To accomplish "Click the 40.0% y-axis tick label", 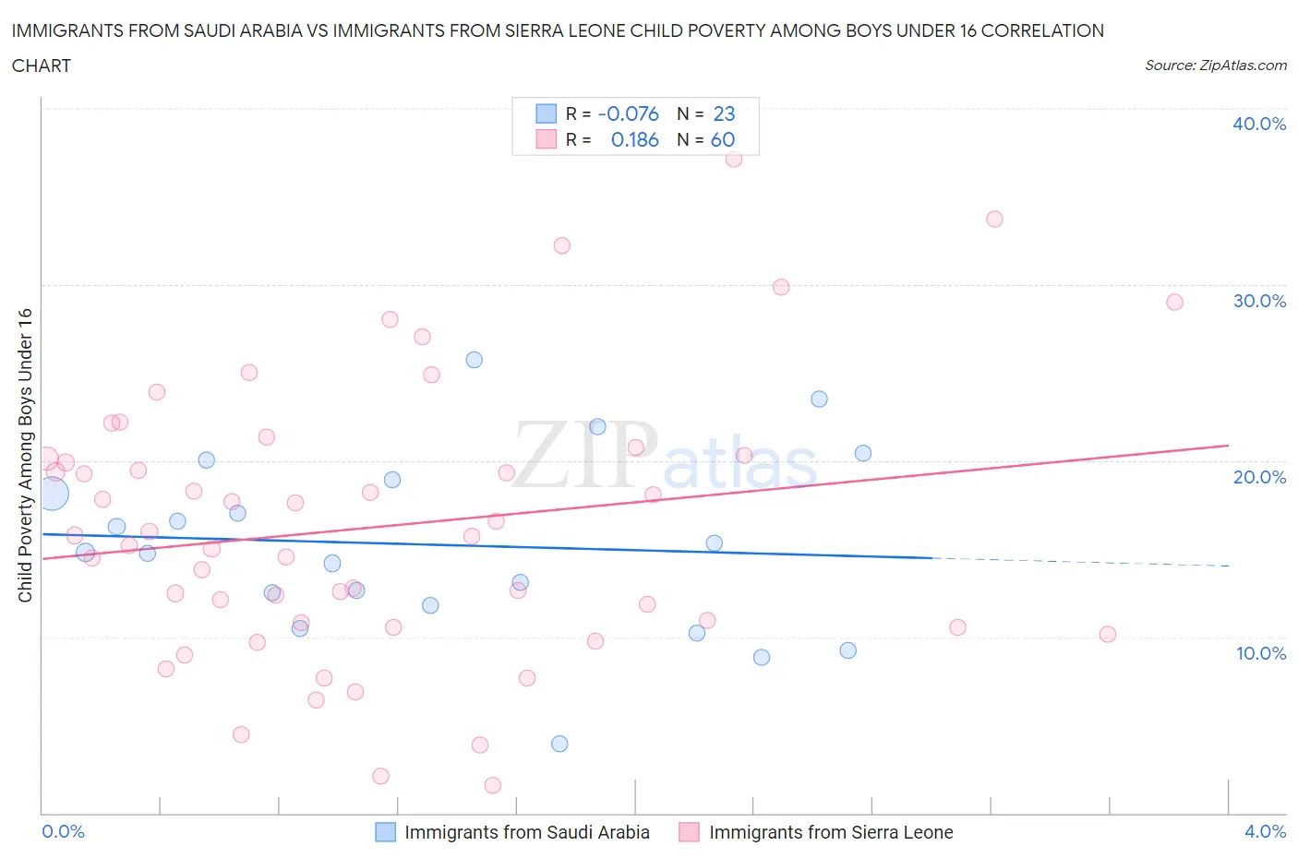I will [1258, 124].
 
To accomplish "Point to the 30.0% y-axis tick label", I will [1258, 301].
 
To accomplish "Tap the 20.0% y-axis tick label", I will [1258, 477].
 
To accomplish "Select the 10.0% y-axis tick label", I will [1260, 653].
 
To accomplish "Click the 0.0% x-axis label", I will [63, 831].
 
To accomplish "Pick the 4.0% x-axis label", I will [1265, 831].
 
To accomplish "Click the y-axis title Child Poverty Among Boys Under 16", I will [25, 455].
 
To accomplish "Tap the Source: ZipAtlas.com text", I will [1215, 65].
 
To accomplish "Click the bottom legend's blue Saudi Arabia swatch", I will [385, 832].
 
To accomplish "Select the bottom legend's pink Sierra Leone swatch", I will [689, 832].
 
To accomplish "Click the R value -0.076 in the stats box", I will [628, 113].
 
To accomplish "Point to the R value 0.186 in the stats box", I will [634, 139].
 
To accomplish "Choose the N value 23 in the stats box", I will [724, 113].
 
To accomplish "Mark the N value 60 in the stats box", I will [722, 139].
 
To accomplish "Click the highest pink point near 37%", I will [734, 159].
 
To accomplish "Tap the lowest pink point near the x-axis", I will [493, 785].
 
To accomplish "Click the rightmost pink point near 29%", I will [1174, 302].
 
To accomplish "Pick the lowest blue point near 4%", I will [559, 744].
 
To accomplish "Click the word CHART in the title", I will [42, 66].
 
